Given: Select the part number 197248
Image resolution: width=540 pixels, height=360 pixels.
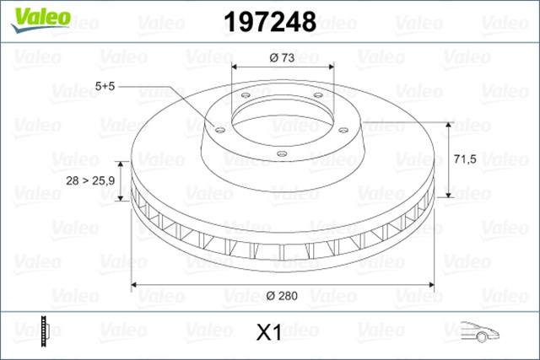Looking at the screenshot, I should (267, 21).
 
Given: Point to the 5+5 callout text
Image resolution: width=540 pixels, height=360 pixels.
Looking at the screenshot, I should (107, 87).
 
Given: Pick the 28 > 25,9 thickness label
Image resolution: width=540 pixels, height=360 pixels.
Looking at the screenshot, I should (92, 180).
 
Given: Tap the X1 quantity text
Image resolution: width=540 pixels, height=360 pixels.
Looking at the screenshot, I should (267, 333).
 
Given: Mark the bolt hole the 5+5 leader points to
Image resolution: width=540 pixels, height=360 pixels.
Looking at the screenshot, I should (219, 129).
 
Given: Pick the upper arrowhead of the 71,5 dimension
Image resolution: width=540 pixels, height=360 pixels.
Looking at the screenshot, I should (452, 123).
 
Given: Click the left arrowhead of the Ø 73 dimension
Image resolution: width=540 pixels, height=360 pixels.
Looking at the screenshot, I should (235, 67).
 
